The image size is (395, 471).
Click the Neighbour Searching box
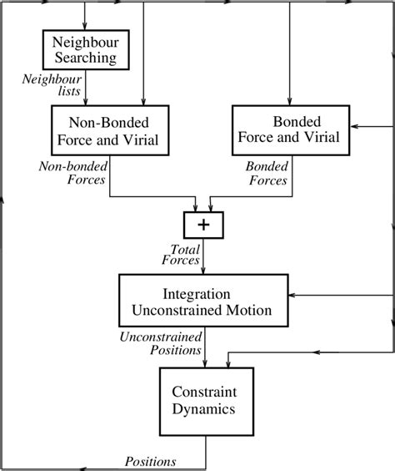coord(86,49)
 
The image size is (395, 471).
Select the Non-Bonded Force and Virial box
coord(110,130)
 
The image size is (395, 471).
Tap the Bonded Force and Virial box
coord(291,130)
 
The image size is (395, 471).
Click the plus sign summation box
coord(203,225)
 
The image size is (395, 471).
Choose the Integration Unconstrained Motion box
coord(203,300)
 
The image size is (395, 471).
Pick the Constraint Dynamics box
coord(207,402)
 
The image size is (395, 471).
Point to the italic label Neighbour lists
coord(52,85)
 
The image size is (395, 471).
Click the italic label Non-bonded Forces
coord(72,173)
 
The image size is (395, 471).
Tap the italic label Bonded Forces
coord(267,173)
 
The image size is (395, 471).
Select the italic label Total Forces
coord(181,255)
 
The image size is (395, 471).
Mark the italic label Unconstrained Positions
coord(161,343)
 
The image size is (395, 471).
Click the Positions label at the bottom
coord(151,461)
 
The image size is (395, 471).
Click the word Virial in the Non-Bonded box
coord(141,140)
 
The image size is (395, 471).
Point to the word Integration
coord(197,294)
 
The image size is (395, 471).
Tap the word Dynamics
coord(203,409)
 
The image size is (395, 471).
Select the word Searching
coord(85,58)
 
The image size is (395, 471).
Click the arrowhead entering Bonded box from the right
coord(354,126)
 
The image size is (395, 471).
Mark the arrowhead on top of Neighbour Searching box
coord(85,26)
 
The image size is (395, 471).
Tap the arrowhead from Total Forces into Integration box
coord(202,270)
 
